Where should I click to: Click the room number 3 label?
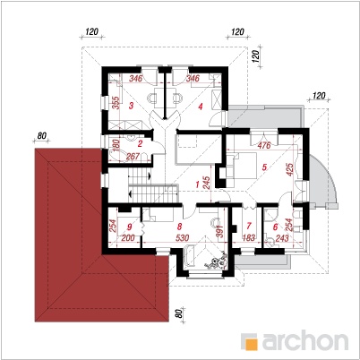131,105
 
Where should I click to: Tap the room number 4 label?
201,106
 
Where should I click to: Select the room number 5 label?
264,167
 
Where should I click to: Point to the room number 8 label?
179,227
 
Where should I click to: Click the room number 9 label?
129,227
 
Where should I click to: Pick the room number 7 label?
249,226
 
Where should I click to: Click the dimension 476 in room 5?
264,145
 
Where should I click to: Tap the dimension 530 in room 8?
182,237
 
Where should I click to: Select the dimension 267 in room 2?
133,156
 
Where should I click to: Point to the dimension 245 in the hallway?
206,183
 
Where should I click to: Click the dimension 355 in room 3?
116,102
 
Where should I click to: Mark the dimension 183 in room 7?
248,237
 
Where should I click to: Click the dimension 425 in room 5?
289,169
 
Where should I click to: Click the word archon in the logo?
305,340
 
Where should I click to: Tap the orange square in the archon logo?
252,344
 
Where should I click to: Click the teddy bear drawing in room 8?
217,261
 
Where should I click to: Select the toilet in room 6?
270,242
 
